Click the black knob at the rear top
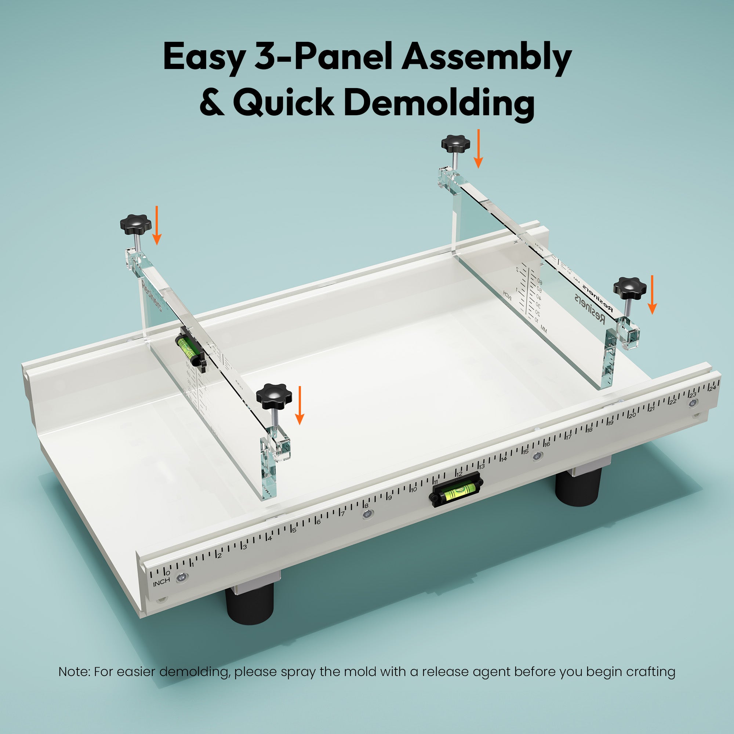455,143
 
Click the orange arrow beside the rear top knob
478,149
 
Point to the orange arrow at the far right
652,295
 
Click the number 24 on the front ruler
712,388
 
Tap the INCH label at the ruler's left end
161,582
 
